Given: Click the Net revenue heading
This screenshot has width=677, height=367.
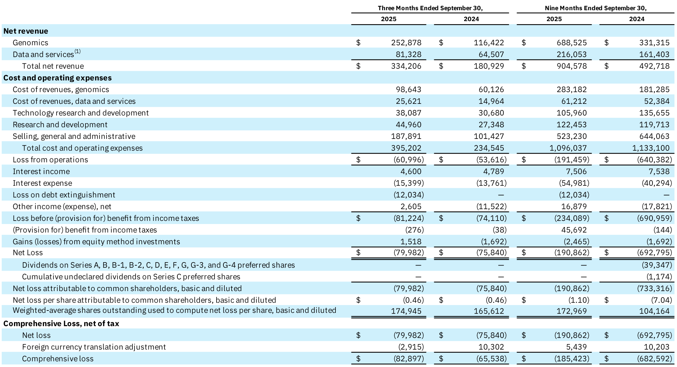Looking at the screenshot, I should (26, 31).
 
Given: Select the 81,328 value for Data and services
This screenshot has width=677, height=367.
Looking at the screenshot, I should (408, 54).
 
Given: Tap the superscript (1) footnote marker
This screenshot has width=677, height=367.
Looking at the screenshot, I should (78, 51).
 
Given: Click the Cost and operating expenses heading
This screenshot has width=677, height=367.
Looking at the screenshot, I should (57, 78).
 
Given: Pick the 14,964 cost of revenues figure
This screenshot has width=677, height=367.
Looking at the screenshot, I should (491, 101).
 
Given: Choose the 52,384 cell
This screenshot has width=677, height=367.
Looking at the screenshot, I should (657, 101).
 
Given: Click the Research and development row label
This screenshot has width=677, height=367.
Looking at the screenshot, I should (60, 125).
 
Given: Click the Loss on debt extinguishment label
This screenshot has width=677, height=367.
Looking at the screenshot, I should (64, 195).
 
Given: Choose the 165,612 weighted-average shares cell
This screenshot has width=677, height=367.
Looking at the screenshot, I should (489, 311).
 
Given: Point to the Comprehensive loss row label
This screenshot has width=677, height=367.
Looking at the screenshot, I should (58, 358).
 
